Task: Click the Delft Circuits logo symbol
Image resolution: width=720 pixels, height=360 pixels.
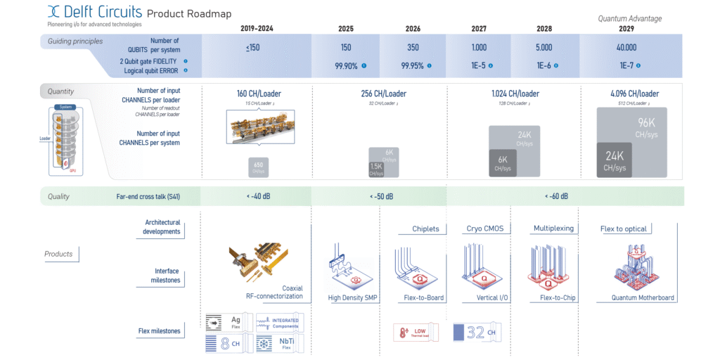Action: (54, 12)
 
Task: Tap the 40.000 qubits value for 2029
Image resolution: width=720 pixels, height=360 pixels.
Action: (626, 48)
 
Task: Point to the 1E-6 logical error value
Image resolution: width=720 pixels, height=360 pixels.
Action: (541, 65)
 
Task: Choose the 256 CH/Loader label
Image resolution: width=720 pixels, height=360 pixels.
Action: (379, 94)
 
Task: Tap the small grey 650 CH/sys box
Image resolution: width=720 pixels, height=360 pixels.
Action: (259, 167)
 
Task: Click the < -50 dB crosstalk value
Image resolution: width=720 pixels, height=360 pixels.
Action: (381, 196)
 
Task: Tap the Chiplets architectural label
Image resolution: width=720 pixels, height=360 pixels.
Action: (425, 229)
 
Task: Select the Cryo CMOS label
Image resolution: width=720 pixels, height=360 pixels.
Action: (484, 229)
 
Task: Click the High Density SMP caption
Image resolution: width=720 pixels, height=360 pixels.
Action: (353, 298)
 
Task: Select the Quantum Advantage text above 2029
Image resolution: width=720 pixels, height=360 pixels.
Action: (629, 18)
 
